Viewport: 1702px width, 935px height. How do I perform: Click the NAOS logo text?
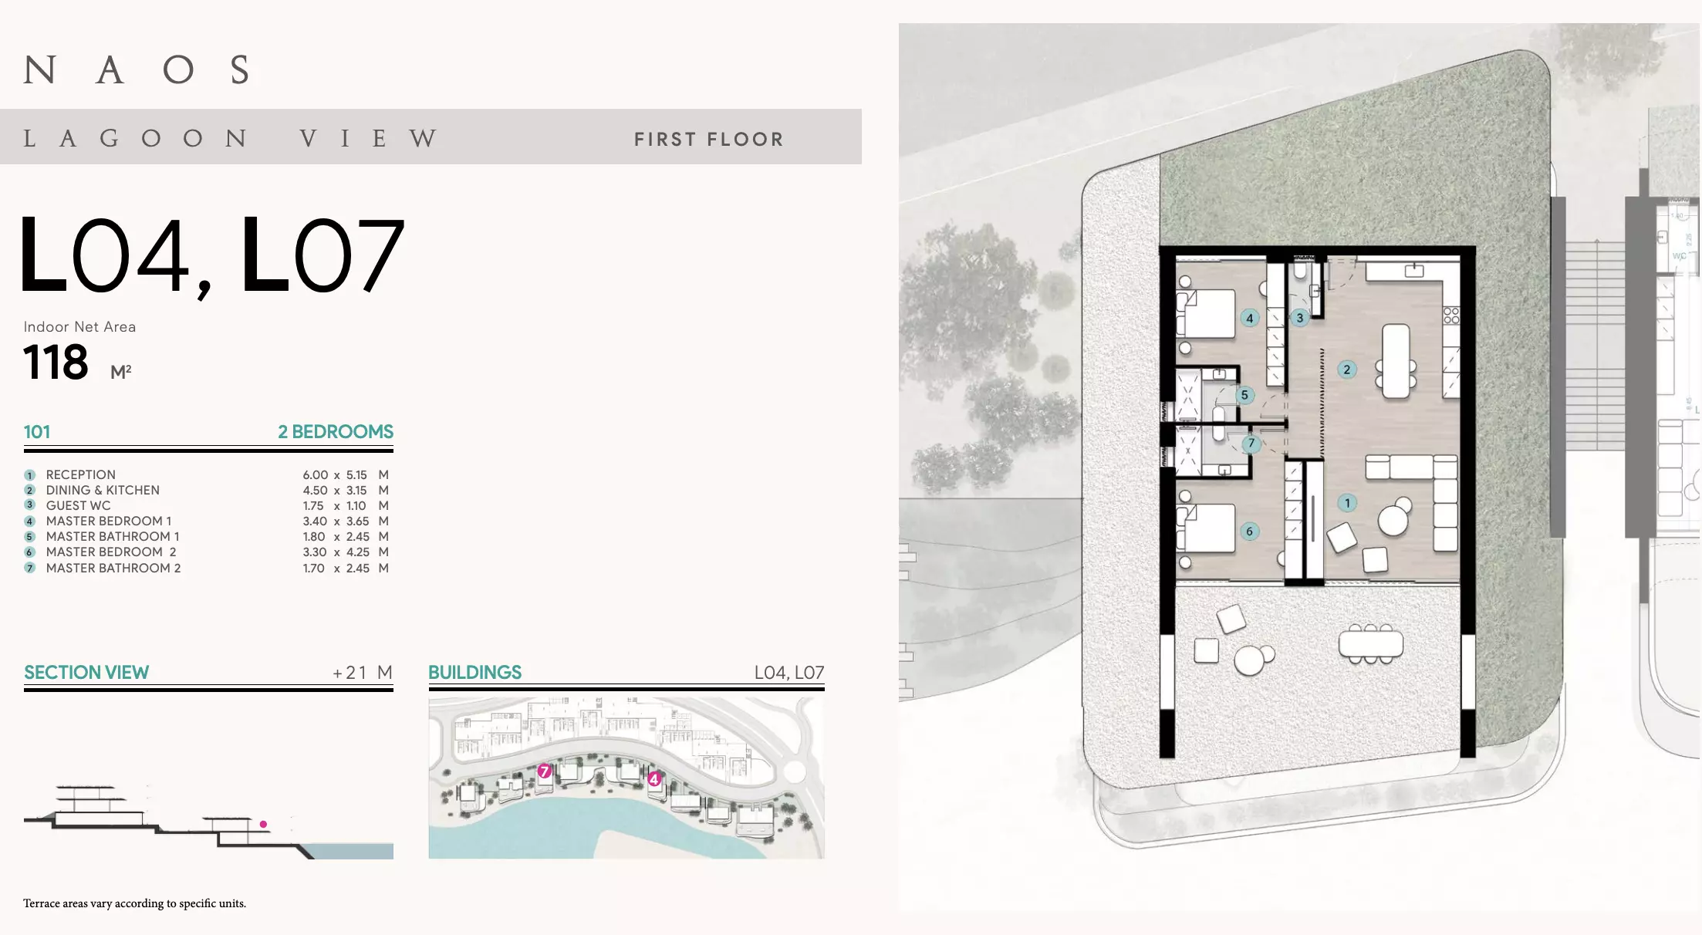pyautogui.click(x=137, y=69)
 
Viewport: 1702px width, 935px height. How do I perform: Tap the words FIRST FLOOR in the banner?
pyautogui.click(x=709, y=139)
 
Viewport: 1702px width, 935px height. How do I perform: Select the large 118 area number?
pyautogui.click(x=56, y=362)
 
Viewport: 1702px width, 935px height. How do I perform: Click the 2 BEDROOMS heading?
pyautogui.click(x=336, y=431)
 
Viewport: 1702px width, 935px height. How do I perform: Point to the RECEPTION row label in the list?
pyautogui.click(x=81, y=474)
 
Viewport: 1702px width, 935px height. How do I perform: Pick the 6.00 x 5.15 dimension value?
pyautogui.click(x=335, y=474)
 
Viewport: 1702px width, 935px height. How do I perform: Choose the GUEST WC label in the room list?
pyautogui.click(x=78, y=505)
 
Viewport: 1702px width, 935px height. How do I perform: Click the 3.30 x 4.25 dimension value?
pyautogui.click(x=335, y=552)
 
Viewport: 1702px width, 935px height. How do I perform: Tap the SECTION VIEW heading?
pyautogui.click(x=86, y=672)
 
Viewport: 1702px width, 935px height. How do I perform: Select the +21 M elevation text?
pyautogui.click(x=363, y=673)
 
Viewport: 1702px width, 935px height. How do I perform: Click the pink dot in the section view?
pyautogui.click(x=263, y=824)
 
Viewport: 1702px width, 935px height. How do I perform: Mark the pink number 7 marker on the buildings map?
pyautogui.click(x=545, y=771)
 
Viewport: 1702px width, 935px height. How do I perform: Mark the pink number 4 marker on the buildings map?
pyautogui.click(x=654, y=778)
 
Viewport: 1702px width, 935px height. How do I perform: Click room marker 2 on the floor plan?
pyautogui.click(x=1347, y=370)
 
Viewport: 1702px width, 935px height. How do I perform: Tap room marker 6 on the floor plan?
pyautogui.click(x=1250, y=531)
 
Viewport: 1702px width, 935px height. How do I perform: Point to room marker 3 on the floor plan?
pyautogui.click(x=1300, y=317)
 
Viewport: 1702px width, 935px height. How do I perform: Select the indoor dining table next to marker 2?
pyautogui.click(x=1396, y=361)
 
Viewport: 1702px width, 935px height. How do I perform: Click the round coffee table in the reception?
pyautogui.click(x=1393, y=520)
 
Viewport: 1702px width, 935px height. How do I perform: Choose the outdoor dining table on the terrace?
pyautogui.click(x=1371, y=643)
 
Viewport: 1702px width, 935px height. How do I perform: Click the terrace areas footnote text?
pyautogui.click(x=135, y=903)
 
